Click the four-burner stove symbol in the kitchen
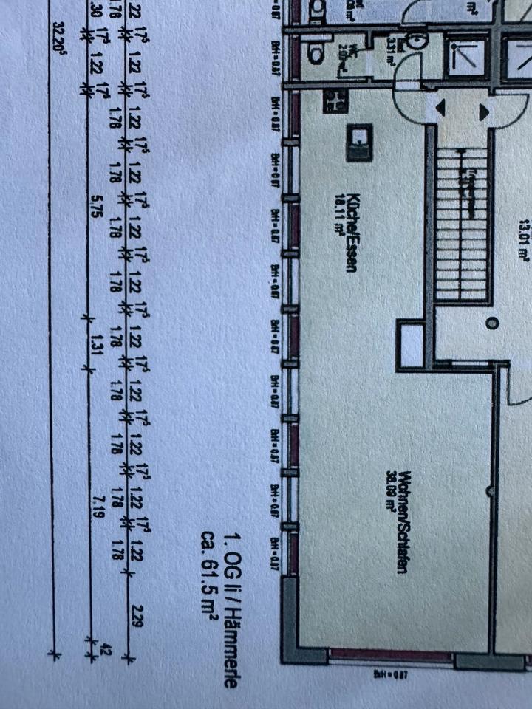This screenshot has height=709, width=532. coord(336,101)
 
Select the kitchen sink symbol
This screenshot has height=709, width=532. coord(361,143)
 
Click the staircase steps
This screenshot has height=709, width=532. coord(461,222)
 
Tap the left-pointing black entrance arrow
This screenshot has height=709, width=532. coord(441,109)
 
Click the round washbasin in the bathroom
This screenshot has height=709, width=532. coord(417,40)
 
